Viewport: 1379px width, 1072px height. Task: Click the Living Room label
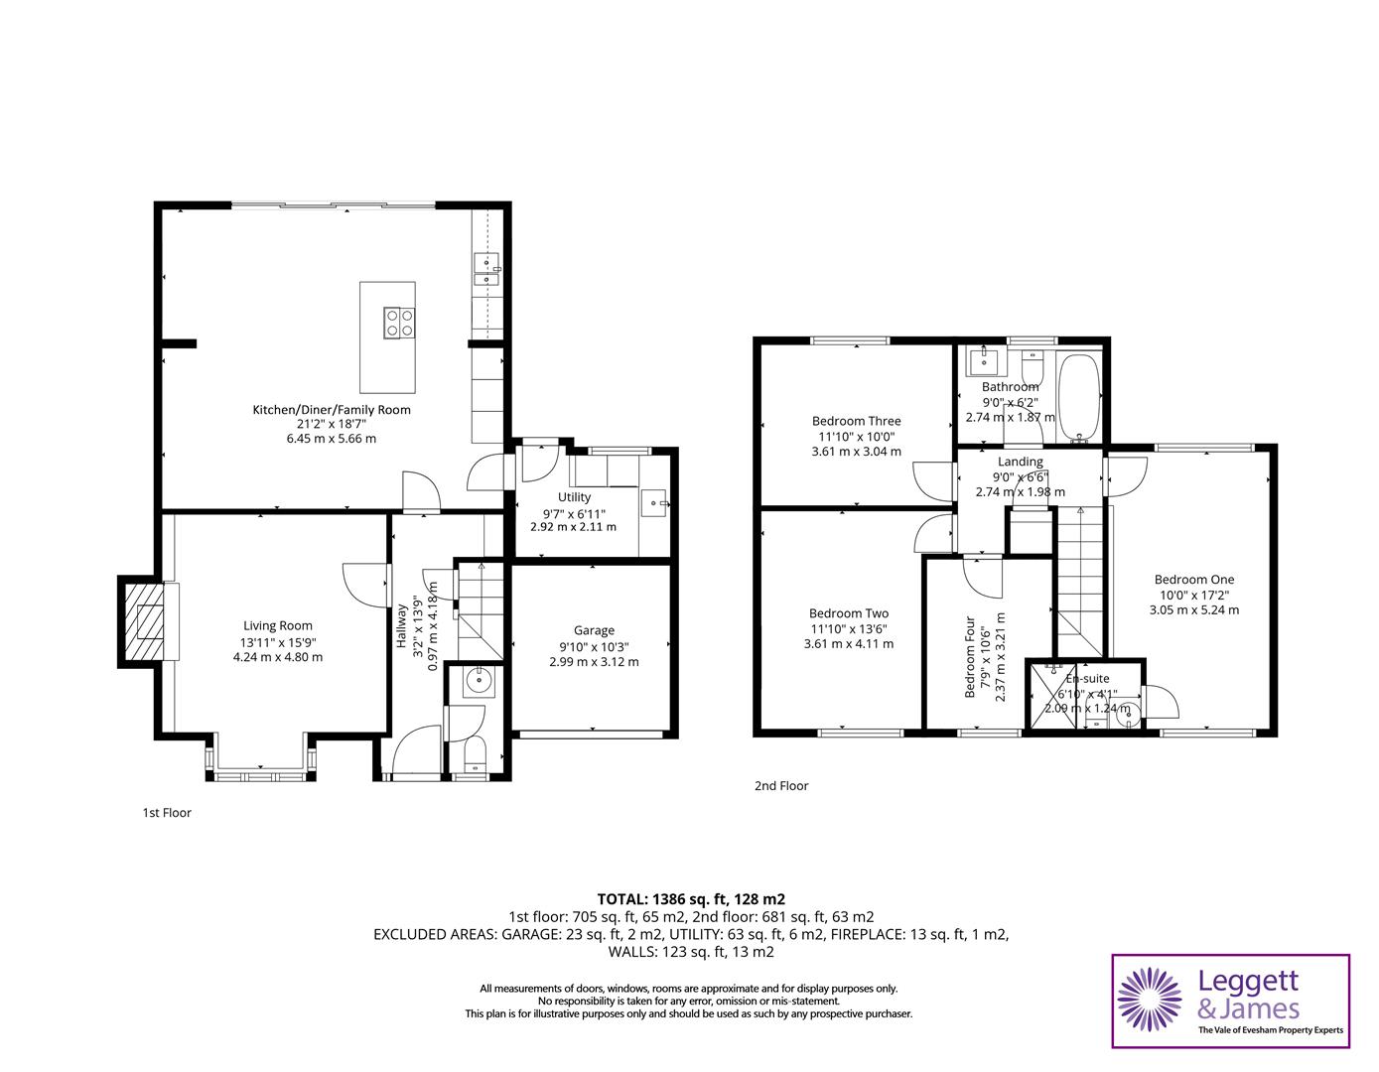[x=278, y=625]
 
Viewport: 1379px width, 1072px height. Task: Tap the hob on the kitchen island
[x=401, y=322]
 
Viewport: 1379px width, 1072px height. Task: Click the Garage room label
[x=594, y=630]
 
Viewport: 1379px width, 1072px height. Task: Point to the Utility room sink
[x=655, y=503]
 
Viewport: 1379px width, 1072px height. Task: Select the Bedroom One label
[x=1193, y=580]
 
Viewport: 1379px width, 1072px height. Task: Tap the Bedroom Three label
[x=856, y=421]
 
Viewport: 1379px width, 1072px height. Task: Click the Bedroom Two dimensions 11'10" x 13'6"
[x=849, y=628]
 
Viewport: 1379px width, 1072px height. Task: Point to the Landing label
[x=1020, y=462]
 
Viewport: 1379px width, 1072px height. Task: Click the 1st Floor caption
[x=167, y=813]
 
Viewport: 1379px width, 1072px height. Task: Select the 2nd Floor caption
[x=781, y=786]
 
